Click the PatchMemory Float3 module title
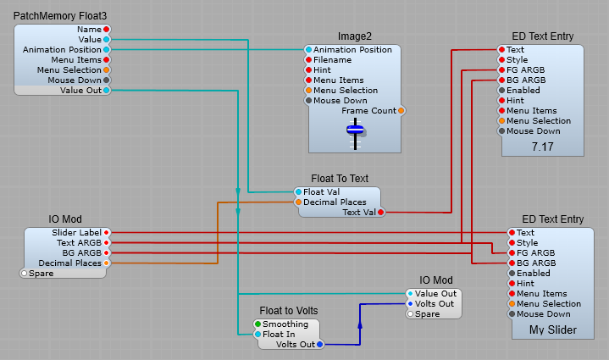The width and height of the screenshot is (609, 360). click(60, 16)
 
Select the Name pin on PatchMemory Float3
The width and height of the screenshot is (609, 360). click(106, 30)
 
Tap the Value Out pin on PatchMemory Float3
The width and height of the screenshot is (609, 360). click(106, 91)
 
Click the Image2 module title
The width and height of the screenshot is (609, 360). click(355, 36)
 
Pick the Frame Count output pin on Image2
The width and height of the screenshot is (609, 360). click(401, 111)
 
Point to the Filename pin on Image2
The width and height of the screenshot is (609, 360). click(309, 60)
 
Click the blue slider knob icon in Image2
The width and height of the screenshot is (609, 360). click(356, 130)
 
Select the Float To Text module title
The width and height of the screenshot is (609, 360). click(339, 179)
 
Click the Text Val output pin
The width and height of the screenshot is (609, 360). click(380, 213)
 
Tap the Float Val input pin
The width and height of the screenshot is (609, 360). click(298, 192)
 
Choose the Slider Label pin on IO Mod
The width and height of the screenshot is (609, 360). click(106, 233)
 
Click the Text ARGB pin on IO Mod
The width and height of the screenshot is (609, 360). click(106, 243)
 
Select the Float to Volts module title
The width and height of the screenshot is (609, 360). click(289, 311)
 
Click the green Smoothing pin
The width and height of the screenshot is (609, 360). click(257, 324)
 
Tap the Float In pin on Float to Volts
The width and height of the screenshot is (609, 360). click(257, 335)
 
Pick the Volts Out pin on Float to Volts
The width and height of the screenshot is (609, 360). click(319, 345)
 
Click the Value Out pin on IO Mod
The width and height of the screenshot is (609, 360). click(410, 294)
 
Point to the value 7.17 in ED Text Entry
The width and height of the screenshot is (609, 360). click(542, 147)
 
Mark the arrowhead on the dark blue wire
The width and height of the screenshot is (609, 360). click(359, 324)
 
